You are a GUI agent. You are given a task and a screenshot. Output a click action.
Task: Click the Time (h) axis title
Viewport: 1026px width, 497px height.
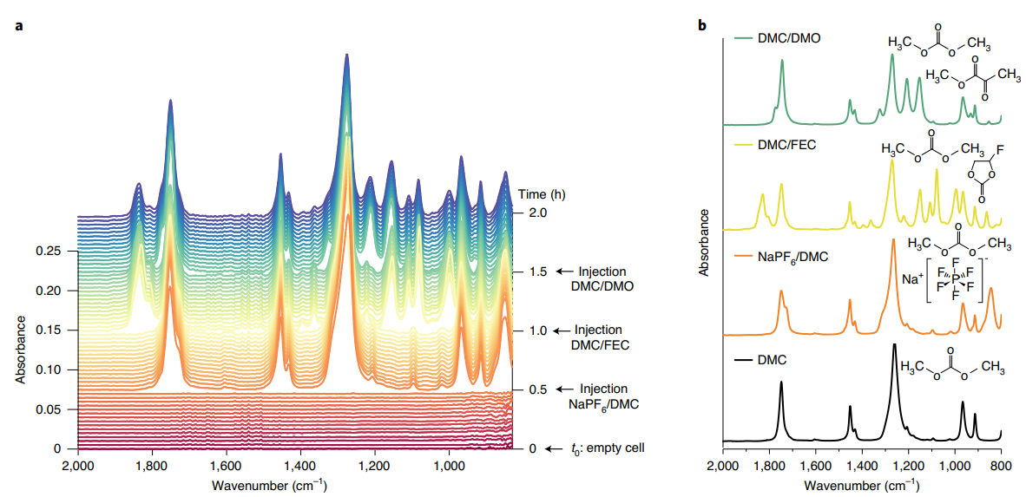544,193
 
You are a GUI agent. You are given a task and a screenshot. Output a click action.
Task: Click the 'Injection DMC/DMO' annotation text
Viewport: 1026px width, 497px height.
603,278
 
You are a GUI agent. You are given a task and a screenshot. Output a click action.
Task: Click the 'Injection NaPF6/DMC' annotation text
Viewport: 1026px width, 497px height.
603,396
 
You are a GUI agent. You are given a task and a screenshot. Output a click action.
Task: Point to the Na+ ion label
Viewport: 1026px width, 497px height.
912,279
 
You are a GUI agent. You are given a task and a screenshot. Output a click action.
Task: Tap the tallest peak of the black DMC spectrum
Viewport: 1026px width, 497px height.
894,345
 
